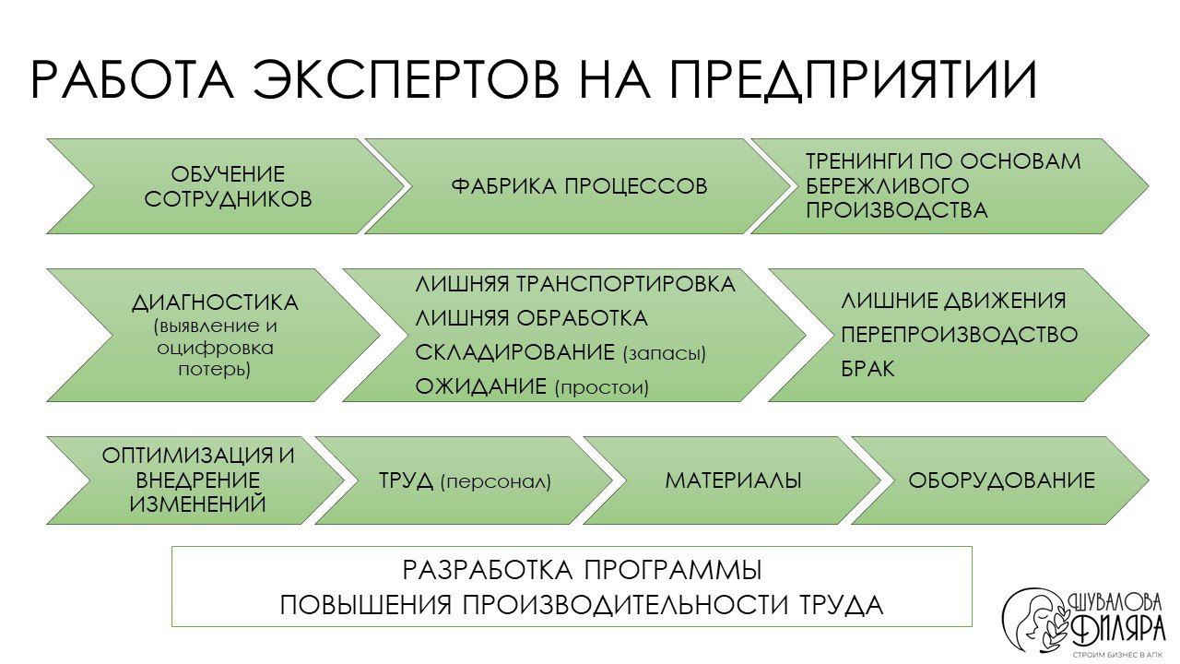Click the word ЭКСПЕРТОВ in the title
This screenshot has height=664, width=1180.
click(x=405, y=80)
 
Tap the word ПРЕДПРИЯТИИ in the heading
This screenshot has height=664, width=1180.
click(x=852, y=80)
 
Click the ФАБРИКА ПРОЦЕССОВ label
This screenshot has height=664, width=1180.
click(x=579, y=186)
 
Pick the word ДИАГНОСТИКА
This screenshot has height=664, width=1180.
click(x=215, y=302)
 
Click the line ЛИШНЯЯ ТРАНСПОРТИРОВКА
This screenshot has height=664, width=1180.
click(x=575, y=284)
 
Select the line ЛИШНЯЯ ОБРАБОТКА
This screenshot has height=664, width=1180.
click(x=531, y=319)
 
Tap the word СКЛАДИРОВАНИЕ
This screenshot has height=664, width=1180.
click(x=514, y=353)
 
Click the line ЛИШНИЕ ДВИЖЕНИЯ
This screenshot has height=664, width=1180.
click(x=953, y=301)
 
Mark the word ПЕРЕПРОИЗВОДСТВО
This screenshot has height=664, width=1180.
click(x=959, y=335)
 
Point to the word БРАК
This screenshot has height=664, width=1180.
click(x=867, y=369)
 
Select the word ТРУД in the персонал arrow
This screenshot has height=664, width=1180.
click(x=407, y=480)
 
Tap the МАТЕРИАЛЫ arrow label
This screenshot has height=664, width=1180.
click(x=733, y=480)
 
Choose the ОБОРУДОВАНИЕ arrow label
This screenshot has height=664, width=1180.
click(x=1001, y=480)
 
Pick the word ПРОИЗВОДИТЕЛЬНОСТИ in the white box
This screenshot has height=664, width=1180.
click(x=619, y=606)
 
